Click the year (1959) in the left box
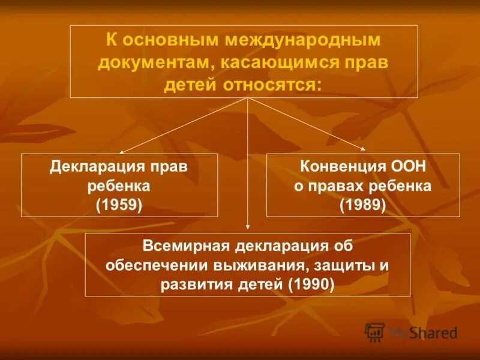[x=119, y=206]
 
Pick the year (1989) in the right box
[x=363, y=206]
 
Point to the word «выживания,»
[x=263, y=265]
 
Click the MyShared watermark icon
[x=375, y=332]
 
